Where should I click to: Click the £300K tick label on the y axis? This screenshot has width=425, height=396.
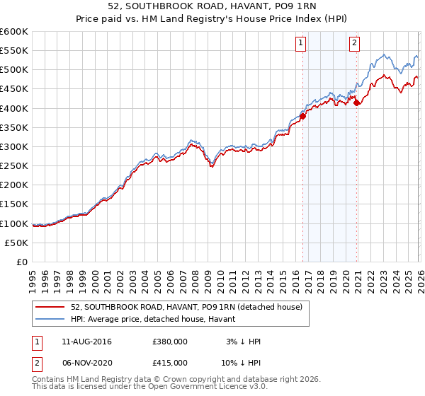(14, 146)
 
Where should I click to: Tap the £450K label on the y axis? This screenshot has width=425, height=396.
(14, 89)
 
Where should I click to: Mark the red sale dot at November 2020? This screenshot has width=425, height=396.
(356, 102)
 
